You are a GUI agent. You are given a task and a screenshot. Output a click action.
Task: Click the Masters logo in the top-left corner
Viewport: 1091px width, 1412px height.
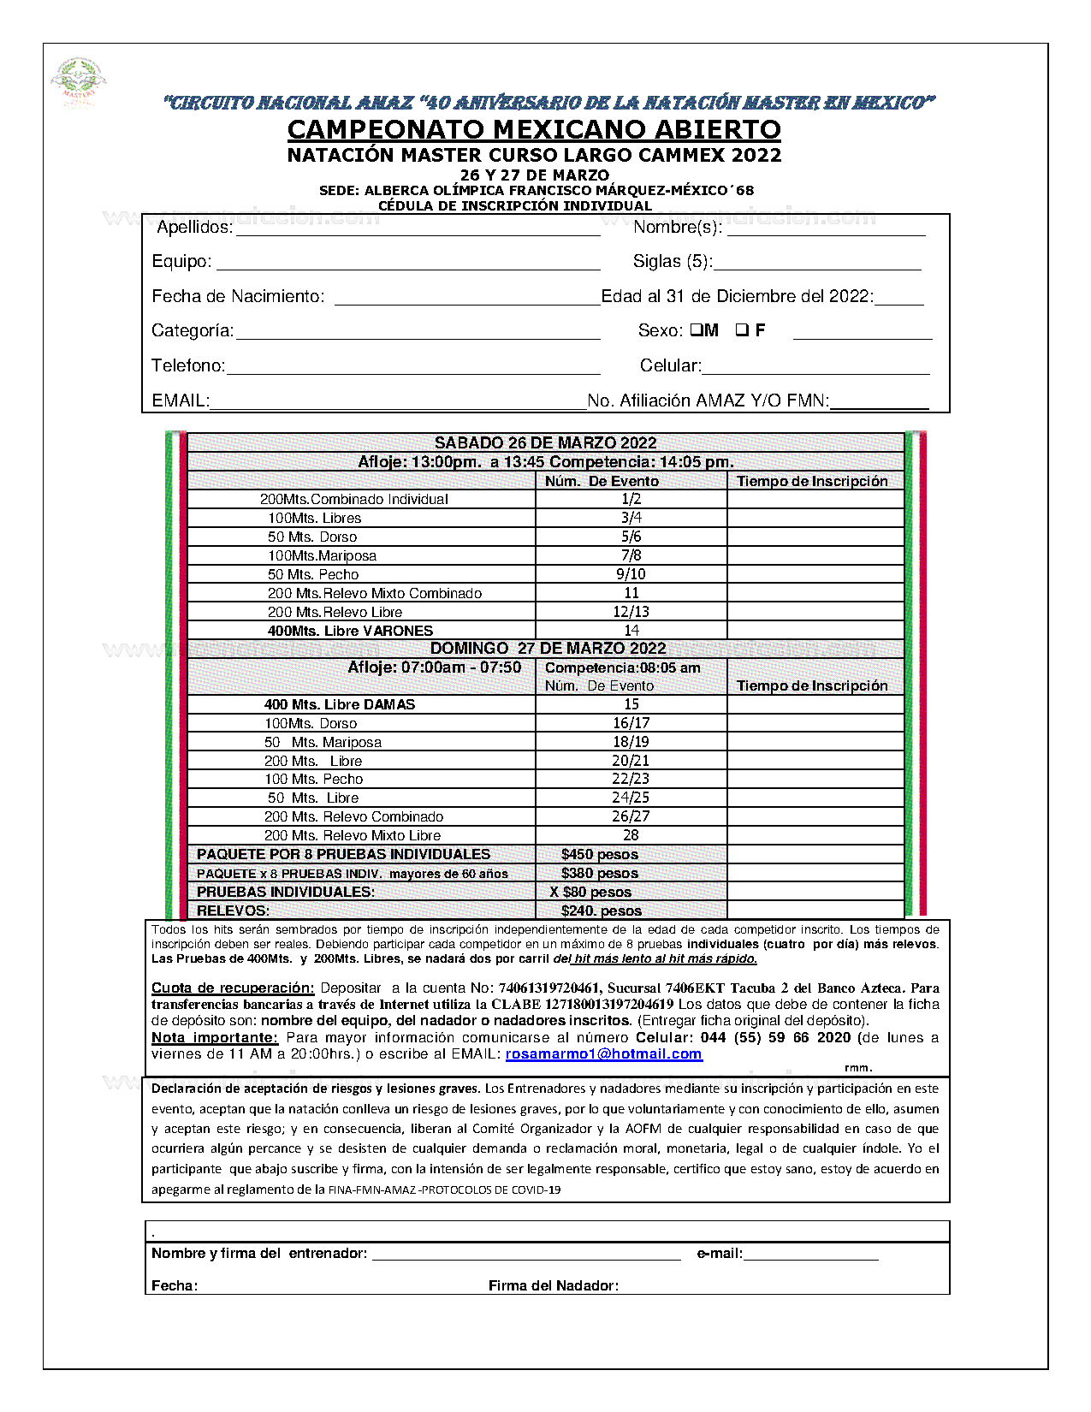(79, 81)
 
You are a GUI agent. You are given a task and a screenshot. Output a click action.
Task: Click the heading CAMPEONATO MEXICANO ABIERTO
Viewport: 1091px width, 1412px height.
(534, 129)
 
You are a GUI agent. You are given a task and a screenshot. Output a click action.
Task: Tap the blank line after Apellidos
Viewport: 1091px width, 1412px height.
(418, 228)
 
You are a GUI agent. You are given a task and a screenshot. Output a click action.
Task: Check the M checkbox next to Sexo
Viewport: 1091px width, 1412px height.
(696, 329)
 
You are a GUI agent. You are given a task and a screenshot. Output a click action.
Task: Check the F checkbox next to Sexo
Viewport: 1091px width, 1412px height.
(742, 329)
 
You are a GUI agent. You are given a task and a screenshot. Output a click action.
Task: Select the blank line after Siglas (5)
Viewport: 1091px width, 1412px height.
(817, 262)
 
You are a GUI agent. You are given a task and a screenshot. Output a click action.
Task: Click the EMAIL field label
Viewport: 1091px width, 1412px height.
(181, 400)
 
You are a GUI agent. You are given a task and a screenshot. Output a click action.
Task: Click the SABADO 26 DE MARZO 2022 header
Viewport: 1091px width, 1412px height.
(545, 442)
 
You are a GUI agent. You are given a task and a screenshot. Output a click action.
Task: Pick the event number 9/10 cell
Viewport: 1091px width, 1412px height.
(631, 574)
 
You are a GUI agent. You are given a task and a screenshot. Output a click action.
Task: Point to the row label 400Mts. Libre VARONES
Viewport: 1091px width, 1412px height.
(350, 631)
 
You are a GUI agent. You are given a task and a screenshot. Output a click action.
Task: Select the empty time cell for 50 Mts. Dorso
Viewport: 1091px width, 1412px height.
(815, 537)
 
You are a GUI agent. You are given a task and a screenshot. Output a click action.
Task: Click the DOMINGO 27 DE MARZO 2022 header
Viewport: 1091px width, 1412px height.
(548, 649)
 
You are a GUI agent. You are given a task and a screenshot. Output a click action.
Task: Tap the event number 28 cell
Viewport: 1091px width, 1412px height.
(631, 835)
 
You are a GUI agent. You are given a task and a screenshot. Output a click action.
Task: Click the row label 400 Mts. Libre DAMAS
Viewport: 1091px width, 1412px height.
(339, 704)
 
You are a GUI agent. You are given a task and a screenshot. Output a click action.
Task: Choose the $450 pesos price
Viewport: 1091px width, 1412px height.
(599, 854)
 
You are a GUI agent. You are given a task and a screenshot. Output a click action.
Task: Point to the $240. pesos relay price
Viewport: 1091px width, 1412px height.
(601, 911)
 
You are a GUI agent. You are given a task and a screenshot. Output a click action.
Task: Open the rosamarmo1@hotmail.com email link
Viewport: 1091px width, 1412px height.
(603, 1054)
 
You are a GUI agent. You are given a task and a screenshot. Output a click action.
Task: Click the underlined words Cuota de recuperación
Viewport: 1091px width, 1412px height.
(233, 988)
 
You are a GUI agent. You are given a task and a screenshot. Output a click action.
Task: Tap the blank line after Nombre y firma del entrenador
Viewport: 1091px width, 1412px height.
(526, 1254)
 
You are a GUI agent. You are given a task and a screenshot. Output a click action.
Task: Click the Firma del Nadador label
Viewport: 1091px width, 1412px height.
(553, 1285)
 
